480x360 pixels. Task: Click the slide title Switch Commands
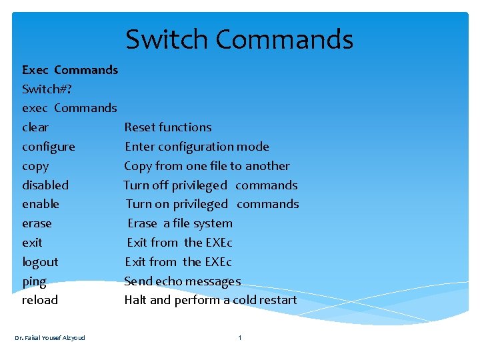tap(239, 39)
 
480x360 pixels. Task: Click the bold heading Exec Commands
tap(70, 70)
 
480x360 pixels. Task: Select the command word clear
tap(35, 127)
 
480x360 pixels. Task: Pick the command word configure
tap(49, 147)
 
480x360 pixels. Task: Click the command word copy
tap(35, 166)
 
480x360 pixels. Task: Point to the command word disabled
tap(45, 185)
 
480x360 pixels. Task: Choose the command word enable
tap(41, 204)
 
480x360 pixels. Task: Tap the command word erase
tap(37, 223)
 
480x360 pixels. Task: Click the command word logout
tap(40, 262)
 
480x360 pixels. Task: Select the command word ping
tap(34, 281)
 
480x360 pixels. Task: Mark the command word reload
tap(40, 300)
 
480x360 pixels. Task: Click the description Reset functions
tap(168, 127)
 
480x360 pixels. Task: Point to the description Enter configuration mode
tap(197, 147)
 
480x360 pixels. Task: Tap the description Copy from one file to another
tap(207, 166)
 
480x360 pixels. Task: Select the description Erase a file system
tap(180, 223)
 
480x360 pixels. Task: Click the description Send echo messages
tap(182, 281)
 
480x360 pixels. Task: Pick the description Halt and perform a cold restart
tap(211, 300)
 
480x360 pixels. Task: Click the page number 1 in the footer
tap(240, 337)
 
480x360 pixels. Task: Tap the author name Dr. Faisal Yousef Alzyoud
tap(50, 337)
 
